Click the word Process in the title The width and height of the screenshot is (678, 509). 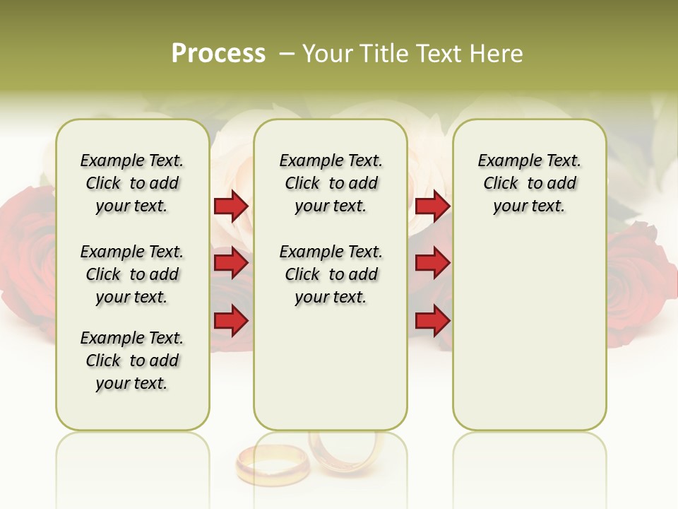point(218,54)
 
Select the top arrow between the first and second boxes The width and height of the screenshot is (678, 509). point(231,206)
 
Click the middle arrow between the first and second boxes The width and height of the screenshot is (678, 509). point(231,264)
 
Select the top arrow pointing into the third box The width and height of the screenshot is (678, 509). point(432,206)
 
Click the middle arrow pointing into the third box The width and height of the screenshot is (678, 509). point(432,264)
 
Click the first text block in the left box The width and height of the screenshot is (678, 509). point(132,183)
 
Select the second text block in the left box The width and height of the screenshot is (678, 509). point(132,274)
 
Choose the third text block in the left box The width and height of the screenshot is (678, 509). point(132,361)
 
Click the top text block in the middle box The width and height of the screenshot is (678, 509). point(331,183)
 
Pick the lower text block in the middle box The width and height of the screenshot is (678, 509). point(331,274)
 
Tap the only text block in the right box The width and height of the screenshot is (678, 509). point(529,183)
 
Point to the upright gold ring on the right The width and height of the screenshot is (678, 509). point(346,452)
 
